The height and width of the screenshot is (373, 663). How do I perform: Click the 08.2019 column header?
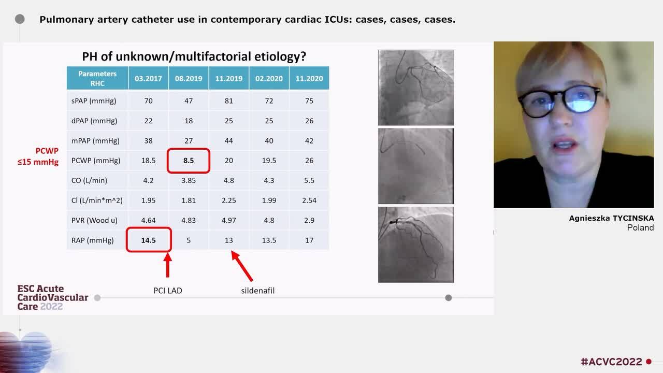189,79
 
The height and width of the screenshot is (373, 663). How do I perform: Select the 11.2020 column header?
309,79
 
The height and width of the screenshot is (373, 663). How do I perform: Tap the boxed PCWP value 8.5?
189,161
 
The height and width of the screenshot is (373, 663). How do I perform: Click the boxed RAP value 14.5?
149,240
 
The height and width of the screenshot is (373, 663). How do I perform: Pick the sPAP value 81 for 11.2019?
229,101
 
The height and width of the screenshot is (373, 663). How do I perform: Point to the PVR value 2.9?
309,220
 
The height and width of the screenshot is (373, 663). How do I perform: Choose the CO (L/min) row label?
90,180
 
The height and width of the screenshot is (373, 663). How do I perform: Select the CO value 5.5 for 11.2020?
309,180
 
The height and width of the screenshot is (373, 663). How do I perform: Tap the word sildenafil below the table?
257,291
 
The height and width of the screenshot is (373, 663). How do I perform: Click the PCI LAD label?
168,291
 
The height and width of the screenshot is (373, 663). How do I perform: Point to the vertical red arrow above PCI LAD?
167,266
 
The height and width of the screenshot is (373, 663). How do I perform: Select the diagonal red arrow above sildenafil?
242,265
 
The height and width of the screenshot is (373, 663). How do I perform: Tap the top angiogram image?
416,87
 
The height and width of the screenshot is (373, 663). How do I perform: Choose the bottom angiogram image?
416,245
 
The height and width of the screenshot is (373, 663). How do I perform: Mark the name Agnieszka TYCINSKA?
611,218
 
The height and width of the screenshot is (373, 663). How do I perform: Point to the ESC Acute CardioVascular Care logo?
52,297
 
